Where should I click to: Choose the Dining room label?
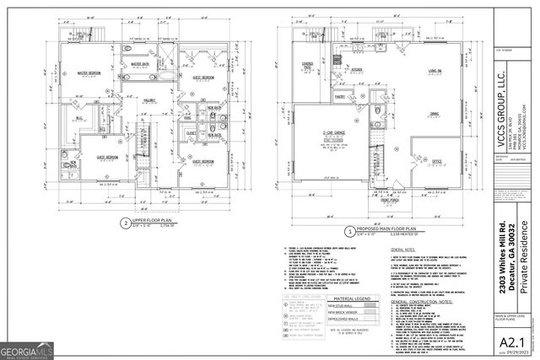434,113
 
